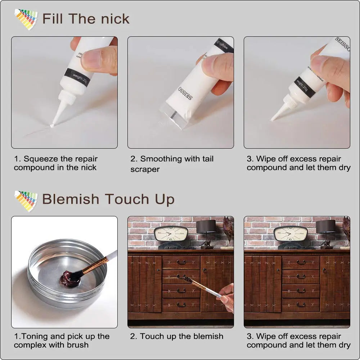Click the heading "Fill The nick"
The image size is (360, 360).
[86, 19]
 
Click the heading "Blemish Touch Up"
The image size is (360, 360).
[108, 199]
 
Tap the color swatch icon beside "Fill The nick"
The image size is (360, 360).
[26, 19]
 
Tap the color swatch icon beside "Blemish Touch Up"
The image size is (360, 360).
[26, 200]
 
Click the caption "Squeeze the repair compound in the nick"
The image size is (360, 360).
[55, 163]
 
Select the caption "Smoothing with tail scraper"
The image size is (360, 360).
[172, 164]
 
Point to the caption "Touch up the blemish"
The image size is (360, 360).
[176, 336]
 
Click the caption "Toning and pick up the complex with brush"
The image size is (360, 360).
[62, 341]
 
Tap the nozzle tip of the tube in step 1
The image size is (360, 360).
[53, 125]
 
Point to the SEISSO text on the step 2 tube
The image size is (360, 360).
[185, 93]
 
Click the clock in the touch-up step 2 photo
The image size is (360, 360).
[171, 234]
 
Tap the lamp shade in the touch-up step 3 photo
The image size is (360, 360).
[325, 226]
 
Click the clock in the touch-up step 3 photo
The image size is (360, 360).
[290, 234]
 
